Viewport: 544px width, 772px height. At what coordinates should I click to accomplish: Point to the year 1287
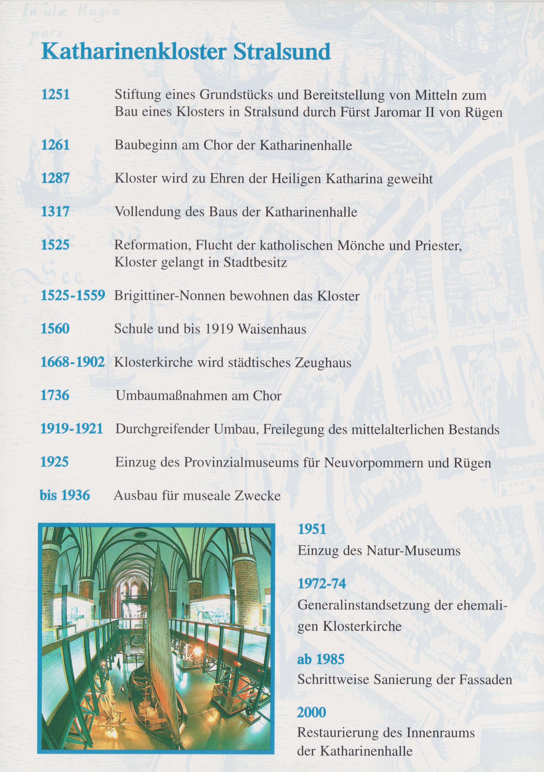pos(55,178)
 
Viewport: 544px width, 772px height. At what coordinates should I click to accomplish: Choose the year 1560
pos(55,328)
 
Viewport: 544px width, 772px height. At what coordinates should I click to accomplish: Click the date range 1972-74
pos(322,584)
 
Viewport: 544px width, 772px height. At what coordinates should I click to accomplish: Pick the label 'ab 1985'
pos(321,659)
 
